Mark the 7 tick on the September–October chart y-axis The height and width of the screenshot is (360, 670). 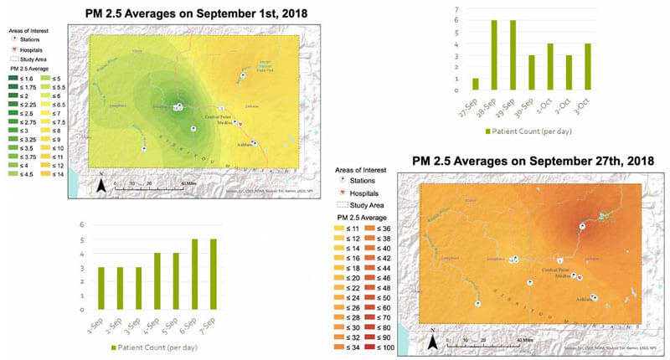click(456, 8)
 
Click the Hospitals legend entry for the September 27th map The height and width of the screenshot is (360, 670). click(372, 192)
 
